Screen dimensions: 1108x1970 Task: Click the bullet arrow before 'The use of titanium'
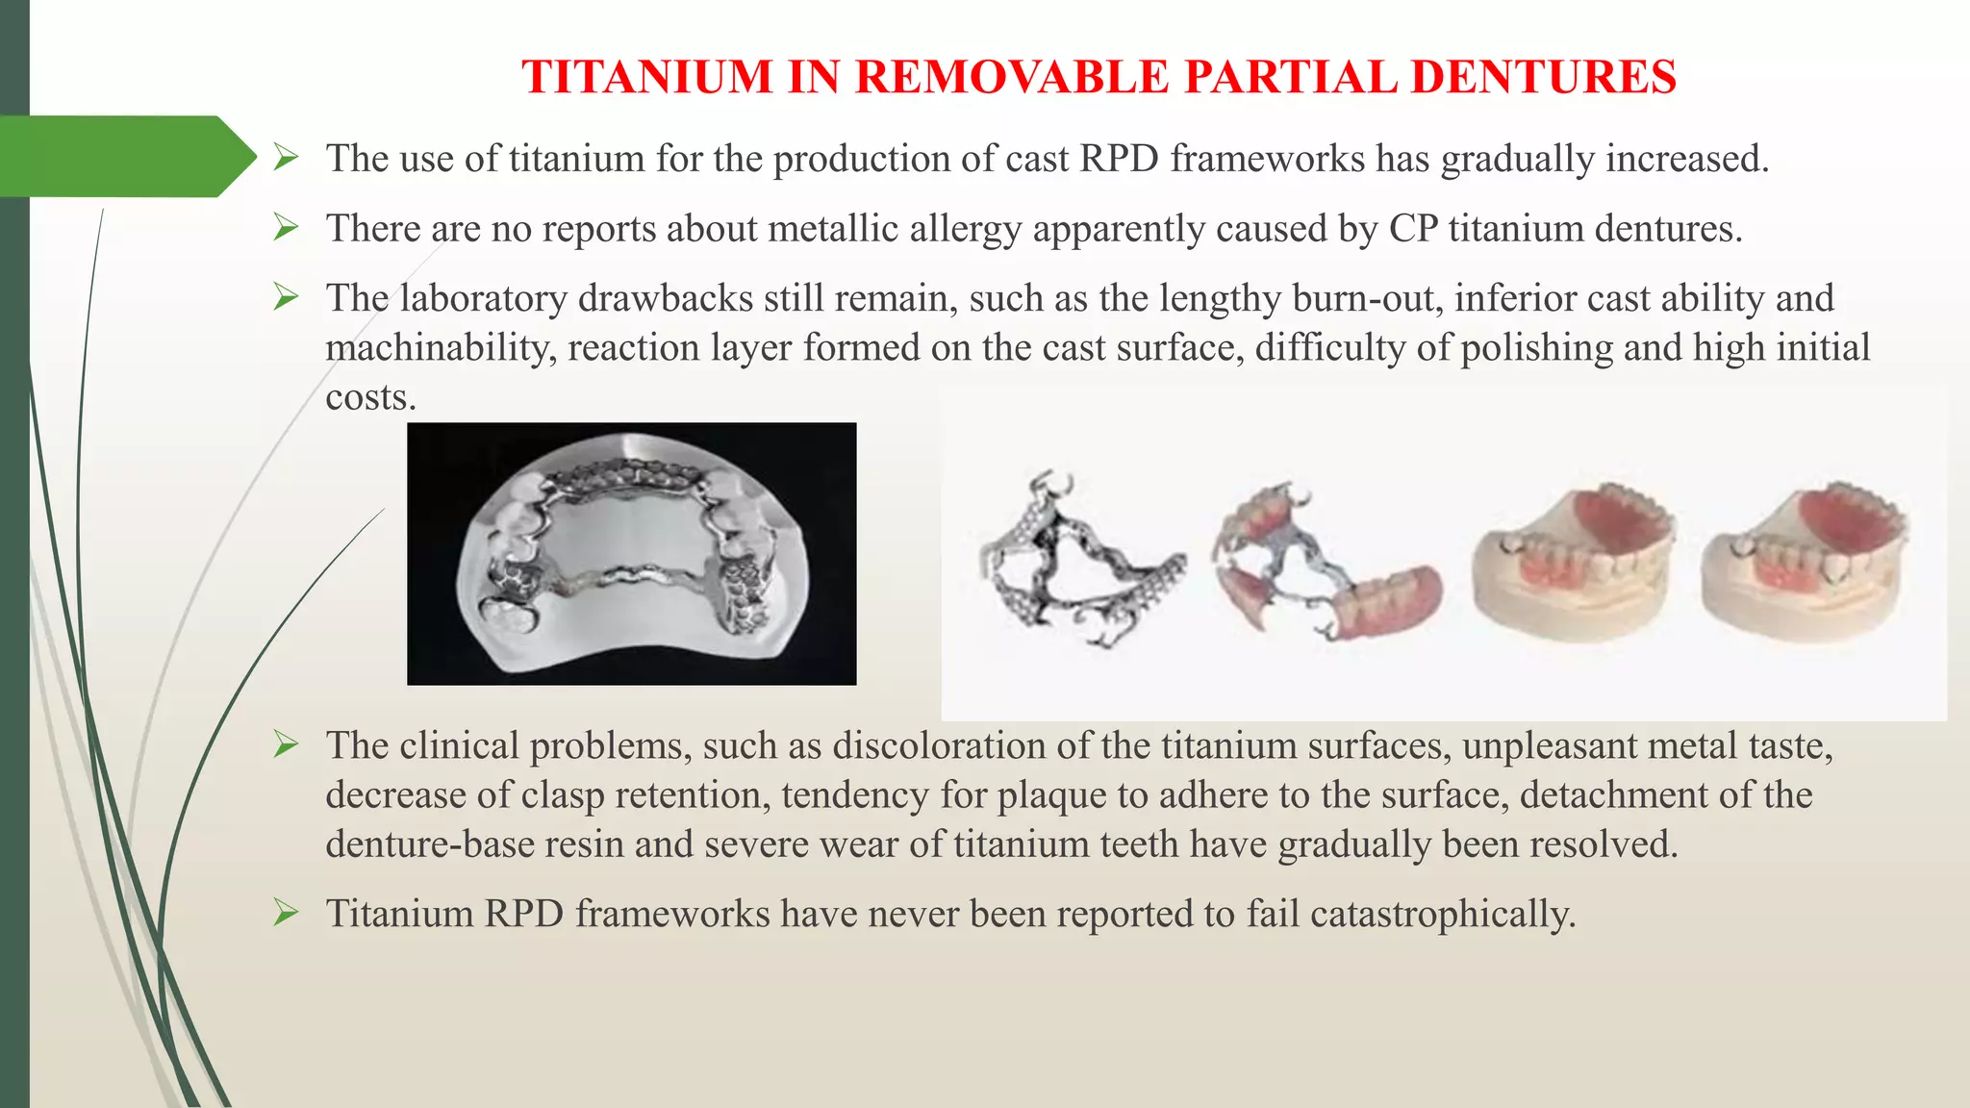(286, 157)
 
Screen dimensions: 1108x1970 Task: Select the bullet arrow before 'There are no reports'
(286, 227)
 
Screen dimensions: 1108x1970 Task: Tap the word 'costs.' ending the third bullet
(370, 397)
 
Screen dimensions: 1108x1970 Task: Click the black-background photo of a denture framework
(631, 554)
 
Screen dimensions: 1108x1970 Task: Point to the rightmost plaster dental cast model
(1804, 563)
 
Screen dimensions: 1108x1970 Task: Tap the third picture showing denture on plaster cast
(1574, 563)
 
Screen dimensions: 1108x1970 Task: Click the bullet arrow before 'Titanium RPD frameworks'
(286, 912)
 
